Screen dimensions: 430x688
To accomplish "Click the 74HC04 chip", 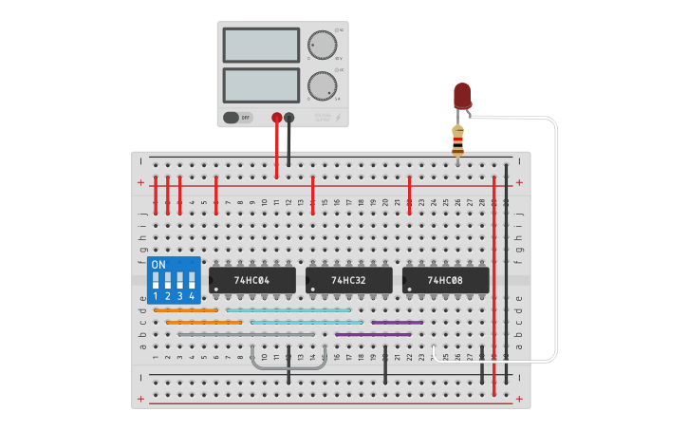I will (251, 280).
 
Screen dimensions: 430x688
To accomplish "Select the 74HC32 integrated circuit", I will (348, 280).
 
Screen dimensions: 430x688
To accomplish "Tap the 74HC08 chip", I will (445, 280).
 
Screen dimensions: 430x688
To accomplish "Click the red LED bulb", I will (462, 95).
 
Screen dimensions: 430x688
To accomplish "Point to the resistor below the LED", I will (458, 140).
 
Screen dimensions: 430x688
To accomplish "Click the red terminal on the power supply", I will (277, 119).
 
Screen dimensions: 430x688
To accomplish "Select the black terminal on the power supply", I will (289, 119).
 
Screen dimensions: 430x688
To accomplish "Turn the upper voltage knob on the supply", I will (322, 45).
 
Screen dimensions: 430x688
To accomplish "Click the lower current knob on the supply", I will (322, 85).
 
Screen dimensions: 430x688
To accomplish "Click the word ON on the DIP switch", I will (158, 264).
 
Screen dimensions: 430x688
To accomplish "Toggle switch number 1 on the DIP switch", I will (156, 282).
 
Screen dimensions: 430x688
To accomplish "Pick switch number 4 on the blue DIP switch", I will (192, 282).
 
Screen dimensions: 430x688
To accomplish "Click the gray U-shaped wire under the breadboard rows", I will (288, 365).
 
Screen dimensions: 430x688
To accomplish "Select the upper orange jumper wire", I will (186, 310).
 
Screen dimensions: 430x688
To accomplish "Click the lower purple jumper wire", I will (373, 334).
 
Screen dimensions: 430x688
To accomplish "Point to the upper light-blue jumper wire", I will (288, 310).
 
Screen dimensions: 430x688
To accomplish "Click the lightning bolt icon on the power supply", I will (338, 119).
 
